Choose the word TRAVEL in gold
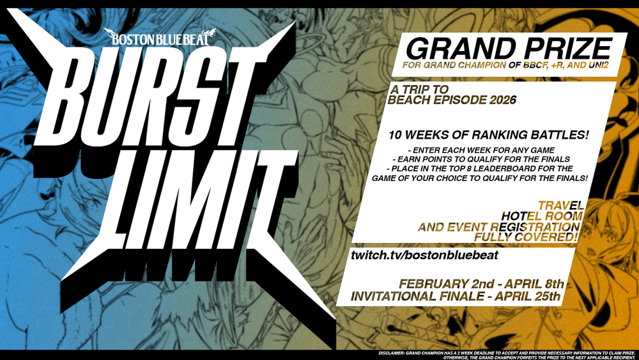[561, 205]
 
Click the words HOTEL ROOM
[542, 215]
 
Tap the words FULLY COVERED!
[526, 237]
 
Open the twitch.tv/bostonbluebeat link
[424, 255]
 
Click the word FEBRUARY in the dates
[434, 284]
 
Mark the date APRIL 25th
[528, 296]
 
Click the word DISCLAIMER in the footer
[391, 353]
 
